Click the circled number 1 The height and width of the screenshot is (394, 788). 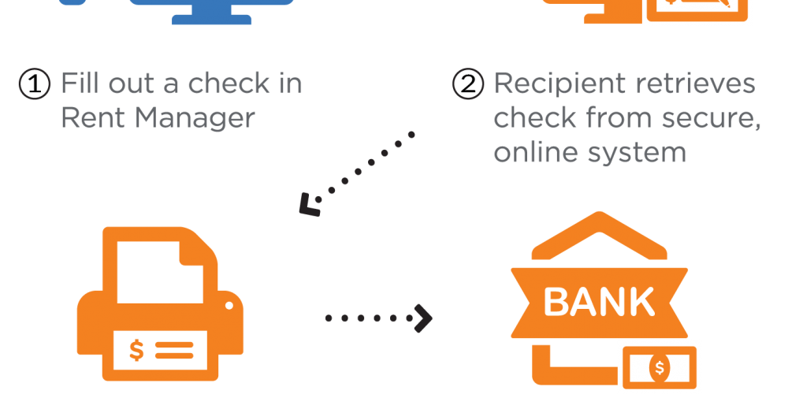(x=35, y=84)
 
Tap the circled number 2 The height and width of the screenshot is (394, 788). (x=468, y=84)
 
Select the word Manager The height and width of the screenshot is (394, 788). (x=195, y=118)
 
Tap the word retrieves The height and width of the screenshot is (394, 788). (x=697, y=83)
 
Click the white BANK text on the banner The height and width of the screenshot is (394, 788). (x=599, y=302)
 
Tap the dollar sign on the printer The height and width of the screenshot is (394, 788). (x=136, y=350)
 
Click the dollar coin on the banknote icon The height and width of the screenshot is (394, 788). (x=660, y=368)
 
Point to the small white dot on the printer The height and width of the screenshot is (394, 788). (x=229, y=305)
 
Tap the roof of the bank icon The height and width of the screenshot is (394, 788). (x=599, y=234)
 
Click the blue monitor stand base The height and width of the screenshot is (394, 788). (x=211, y=20)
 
